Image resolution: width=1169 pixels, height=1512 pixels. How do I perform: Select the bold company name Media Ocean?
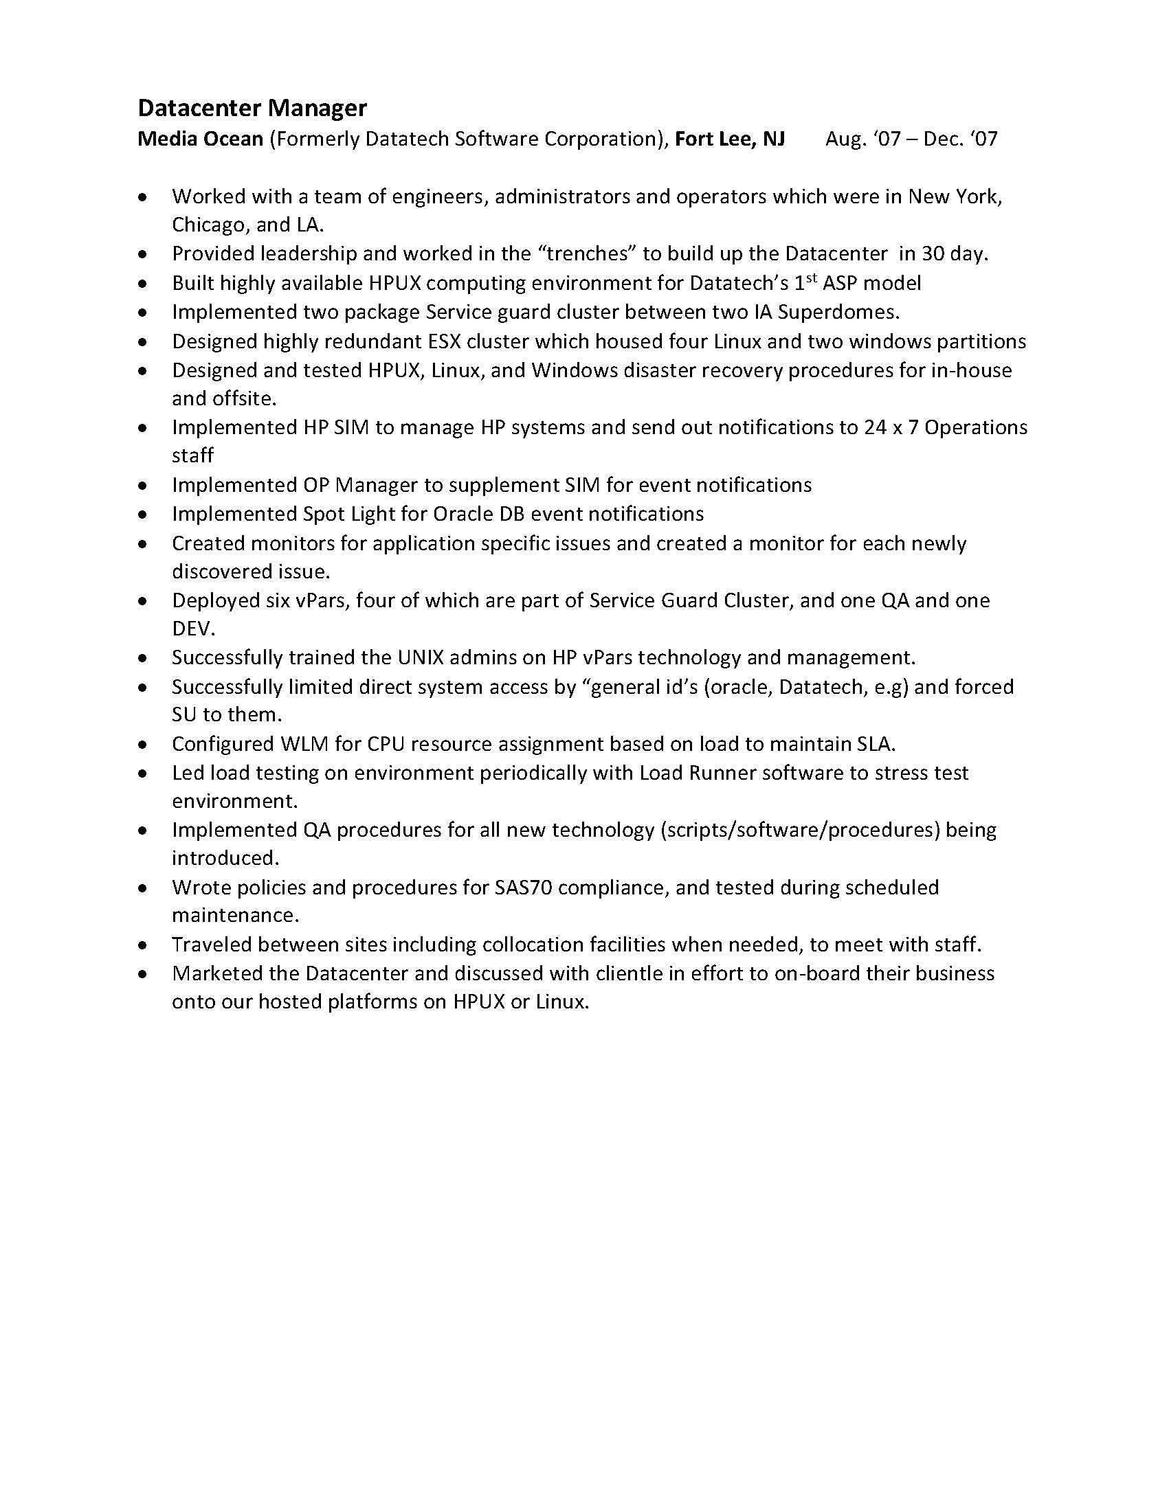pos(200,139)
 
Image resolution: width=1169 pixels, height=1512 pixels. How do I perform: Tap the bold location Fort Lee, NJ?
pos(730,139)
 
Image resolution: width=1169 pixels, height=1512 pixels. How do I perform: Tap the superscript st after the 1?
pos(812,278)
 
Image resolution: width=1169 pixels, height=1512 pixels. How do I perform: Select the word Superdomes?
pos(838,313)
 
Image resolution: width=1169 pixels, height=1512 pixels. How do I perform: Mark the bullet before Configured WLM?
pos(143,745)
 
